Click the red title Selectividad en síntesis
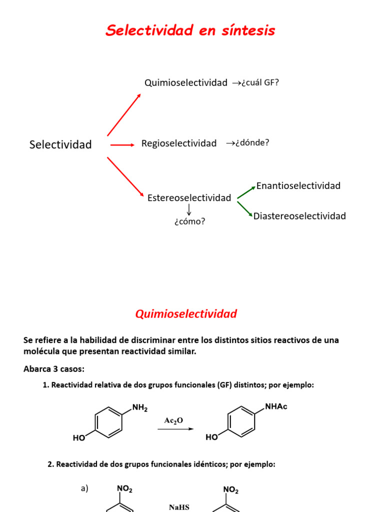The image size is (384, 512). click(x=190, y=30)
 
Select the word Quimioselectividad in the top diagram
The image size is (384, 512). click(x=185, y=83)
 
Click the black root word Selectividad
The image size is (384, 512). click(x=60, y=145)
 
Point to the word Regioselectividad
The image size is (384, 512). click(x=179, y=143)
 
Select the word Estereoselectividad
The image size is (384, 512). click(x=189, y=198)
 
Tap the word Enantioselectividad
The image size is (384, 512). click(x=298, y=186)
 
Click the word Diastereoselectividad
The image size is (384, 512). click(x=299, y=216)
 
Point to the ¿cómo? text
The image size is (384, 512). click(x=189, y=221)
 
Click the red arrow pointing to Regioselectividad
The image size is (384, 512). click(x=122, y=145)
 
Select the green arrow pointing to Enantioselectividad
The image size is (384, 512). click(x=245, y=192)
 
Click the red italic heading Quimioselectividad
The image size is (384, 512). click(x=186, y=314)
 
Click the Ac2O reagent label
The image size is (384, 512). click(x=173, y=421)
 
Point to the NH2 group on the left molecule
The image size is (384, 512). click(x=139, y=408)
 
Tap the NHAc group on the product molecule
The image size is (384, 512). click(x=276, y=406)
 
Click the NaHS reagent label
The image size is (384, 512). click(x=178, y=507)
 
